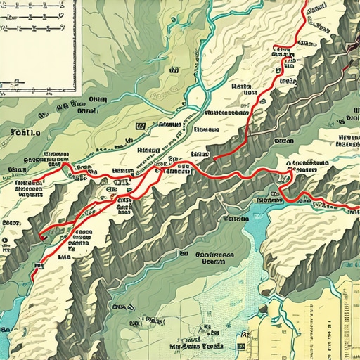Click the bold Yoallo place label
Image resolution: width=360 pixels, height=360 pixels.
[25, 131]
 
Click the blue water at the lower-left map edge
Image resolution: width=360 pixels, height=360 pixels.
[6, 330]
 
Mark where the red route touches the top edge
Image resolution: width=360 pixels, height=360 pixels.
[304, 2]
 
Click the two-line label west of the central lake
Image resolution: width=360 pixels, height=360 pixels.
[216, 257]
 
